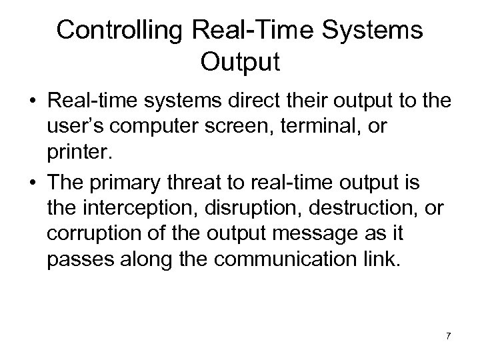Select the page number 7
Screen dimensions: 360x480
point(448,335)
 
